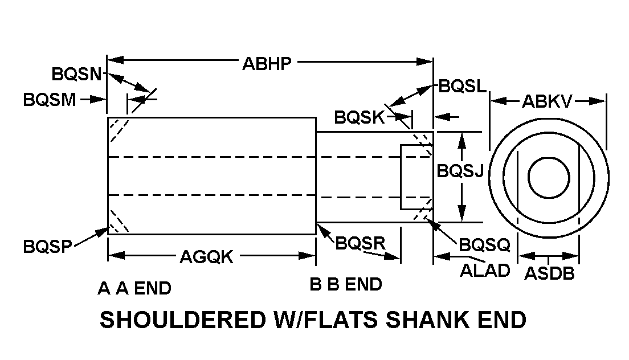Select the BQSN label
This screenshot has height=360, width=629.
point(76,74)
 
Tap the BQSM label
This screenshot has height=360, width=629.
point(50,100)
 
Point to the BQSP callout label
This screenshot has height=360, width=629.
point(48,247)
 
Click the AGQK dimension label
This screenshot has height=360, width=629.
point(206,257)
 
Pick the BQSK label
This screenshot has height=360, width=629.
point(360,118)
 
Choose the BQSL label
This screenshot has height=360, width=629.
point(463,87)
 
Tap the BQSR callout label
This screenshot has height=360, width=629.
point(361,243)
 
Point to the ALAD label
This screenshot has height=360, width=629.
point(485,271)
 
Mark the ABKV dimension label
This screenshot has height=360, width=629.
point(547,101)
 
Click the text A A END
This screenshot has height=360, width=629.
point(134,289)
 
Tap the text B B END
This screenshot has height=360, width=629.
point(346,284)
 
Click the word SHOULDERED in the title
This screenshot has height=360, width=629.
point(174,320)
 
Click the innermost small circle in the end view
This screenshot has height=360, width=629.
point(548,177)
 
